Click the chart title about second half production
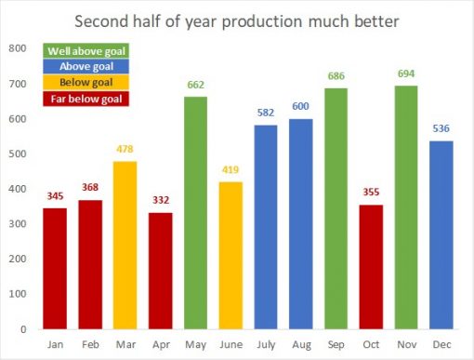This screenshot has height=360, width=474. (x=237, y=20)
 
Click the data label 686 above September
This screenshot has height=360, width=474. (x=336, y=75)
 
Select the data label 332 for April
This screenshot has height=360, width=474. (x=160, y=200)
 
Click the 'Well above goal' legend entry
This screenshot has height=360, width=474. (x=86, y=50)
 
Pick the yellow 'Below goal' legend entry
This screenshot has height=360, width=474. (x=86, y=83)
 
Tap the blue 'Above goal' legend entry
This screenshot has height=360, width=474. (x=86, y=66)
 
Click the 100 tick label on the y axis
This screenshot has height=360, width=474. (x=19, y=293)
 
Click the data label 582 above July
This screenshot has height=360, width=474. (x=265, y=113)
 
